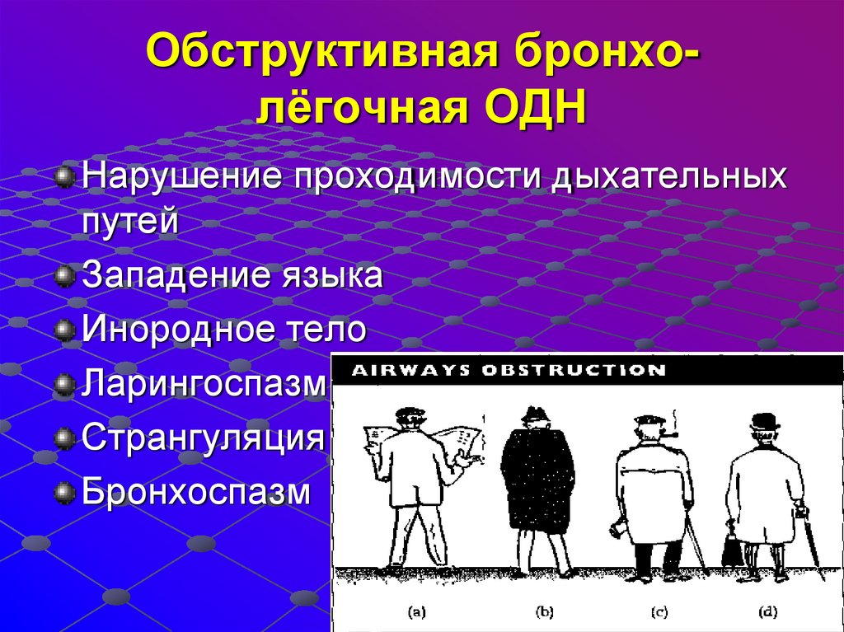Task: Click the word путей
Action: coord(129,221)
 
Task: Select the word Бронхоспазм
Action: coord(196,494)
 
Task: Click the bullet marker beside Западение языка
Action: coord(64,276)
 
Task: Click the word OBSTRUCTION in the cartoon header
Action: coord(574,370)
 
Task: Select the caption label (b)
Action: coord(545,611)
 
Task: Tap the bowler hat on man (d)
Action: coord(764,421)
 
